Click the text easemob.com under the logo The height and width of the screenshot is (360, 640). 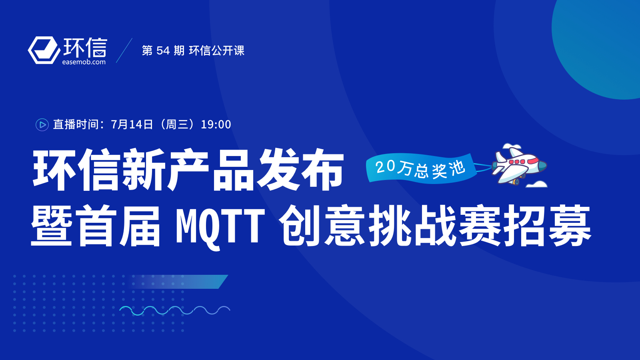pos(84,62)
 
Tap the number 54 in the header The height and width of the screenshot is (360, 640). pos(163,50)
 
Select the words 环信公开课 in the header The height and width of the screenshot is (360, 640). pos(216,50)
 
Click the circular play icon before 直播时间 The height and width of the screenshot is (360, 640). pos(42,124)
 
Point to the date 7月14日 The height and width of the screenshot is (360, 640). pos(132,124)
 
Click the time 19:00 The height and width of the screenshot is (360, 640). pos(216,124)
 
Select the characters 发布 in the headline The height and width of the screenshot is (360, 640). pos(300,170)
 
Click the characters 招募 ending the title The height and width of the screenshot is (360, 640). pos(547,226)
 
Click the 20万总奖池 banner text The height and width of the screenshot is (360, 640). pos(420,169)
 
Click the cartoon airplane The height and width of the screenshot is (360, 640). pos(518,166)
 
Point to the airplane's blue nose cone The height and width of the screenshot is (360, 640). pos(542,166)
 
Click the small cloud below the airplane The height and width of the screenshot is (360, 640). pos(536,184)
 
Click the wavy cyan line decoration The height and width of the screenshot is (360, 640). pos(174,310)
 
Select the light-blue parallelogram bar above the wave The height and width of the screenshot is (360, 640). pos(177,282)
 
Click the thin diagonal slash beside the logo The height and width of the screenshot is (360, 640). pos(124,50)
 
